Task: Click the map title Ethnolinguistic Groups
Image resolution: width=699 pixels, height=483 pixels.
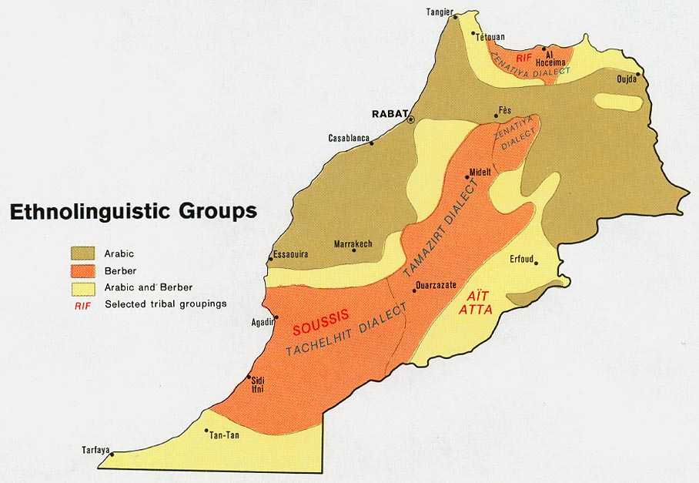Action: (132, 212)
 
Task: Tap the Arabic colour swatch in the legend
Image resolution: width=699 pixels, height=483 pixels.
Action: (83, 253)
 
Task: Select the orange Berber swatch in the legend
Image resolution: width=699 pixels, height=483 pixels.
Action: (83, 270)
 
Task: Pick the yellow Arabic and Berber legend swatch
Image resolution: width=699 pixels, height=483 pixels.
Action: (83, 287)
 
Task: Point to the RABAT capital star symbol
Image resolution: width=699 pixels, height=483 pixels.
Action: (410, 119)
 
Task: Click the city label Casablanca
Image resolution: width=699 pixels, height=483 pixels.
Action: (349, 138)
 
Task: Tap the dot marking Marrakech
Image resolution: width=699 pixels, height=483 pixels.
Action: (354, 250)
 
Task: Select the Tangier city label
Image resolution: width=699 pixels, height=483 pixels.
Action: (440, 11)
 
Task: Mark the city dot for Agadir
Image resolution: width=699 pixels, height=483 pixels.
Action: (276, 317)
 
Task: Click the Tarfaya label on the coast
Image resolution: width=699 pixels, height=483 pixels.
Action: (96, 449)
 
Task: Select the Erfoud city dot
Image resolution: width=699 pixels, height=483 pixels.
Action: (537, 263)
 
